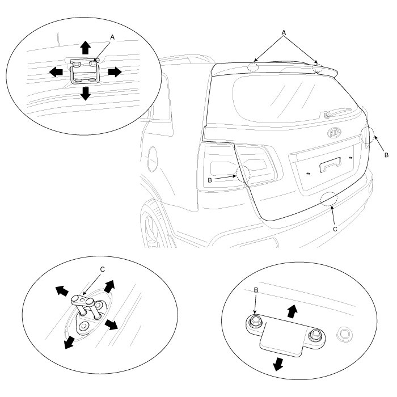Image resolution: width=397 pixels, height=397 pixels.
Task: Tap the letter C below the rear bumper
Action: tap(334, 229)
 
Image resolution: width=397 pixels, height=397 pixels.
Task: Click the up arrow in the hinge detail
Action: tap(85, 47)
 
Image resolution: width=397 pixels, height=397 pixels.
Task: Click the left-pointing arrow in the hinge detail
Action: tap(56, 72)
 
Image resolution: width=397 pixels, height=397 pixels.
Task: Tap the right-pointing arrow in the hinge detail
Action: tap(115, 72)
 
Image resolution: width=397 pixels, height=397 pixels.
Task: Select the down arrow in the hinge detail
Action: tap(85, 94)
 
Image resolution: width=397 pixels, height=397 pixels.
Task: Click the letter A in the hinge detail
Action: tap(112, 36)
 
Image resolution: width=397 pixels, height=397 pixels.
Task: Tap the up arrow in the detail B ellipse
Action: tap(293, 310)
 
